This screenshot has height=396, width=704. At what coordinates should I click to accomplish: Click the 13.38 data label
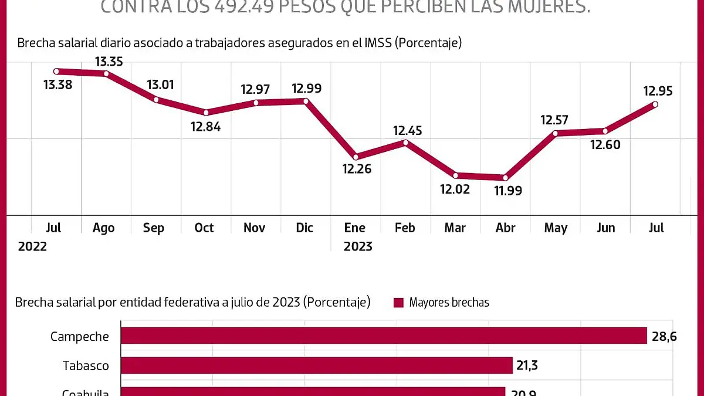click(57, 85)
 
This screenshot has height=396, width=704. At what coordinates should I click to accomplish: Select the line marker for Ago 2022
click(106, 73)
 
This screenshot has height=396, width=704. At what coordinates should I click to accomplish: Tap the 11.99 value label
click(507, 191)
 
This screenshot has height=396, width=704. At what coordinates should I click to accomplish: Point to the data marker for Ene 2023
click(356, 157)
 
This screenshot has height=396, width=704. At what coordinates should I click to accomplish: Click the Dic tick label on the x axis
click(304, 228)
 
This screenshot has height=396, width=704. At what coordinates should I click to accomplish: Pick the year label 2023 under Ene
click(358, 246)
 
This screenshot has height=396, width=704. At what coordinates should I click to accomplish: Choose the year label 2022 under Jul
click(32, 246)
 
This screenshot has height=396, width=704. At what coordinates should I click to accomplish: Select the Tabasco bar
click(317, 365)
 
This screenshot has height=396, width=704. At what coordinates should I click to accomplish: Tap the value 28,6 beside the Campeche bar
click(664, 336)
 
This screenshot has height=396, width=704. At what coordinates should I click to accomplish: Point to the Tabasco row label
click(86, 366)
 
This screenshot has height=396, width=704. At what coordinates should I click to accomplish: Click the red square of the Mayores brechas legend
click(399, 303)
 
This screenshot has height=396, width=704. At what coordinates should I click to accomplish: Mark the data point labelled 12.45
click(405, 142)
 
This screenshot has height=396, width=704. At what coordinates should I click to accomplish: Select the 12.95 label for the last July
click(658, 91)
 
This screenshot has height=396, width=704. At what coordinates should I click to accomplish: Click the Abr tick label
click(505, 228)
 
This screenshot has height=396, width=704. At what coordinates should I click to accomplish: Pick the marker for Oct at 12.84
click(206, 112)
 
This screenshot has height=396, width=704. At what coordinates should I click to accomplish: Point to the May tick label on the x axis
click(556, 228)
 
